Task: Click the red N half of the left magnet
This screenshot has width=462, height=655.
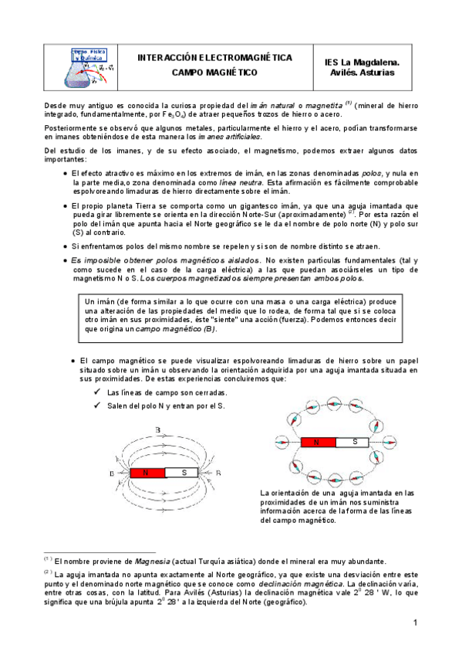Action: tap(144, 473)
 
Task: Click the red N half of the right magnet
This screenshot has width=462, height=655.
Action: tap(316, 443)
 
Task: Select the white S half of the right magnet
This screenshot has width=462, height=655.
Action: tap(355, 443)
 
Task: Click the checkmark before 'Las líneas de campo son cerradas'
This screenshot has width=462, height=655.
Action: tap(96, 393)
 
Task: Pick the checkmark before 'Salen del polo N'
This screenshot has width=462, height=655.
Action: tap(96, 406)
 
